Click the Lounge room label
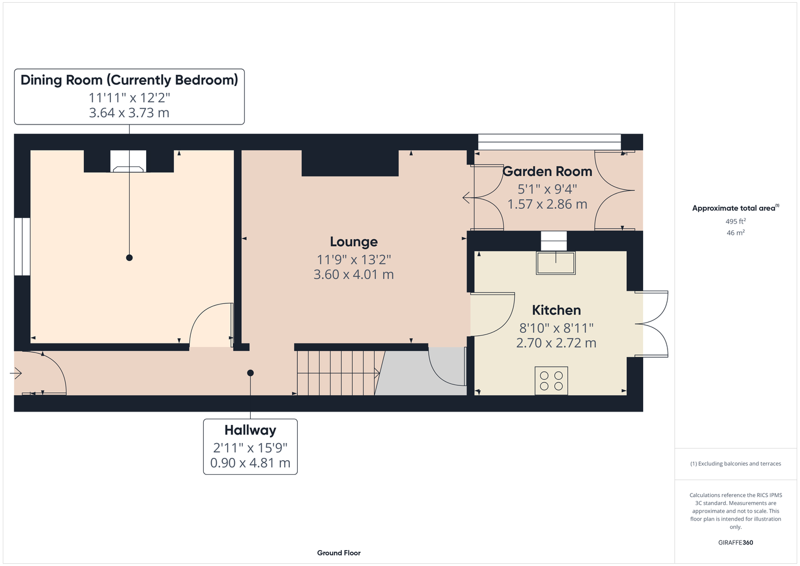click(x=353, y=242)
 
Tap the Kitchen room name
click(x=556, y=310)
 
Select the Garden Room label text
click(x=547, y=171)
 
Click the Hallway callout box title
click(x=250, y=430)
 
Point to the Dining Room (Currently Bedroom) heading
click(x=129, y=80)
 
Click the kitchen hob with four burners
click(x=551, y=381)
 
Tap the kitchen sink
click(x=555, y=263)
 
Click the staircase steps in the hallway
click(x=337, y=373)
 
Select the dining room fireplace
click(x=128, y=161)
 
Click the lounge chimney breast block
click(x=350, y=163)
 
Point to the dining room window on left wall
click(x=22, y=246)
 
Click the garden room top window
click(x=549, y=142)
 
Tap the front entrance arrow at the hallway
click(x=16, y=374)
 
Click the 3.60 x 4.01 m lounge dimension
click(x=353, y=275)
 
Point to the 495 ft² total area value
click(x=735, y=221)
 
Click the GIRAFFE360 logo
click(x=735, y=542)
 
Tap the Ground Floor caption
click(x=339, y=553)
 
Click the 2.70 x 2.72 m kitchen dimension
click(x=556, y=343)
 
